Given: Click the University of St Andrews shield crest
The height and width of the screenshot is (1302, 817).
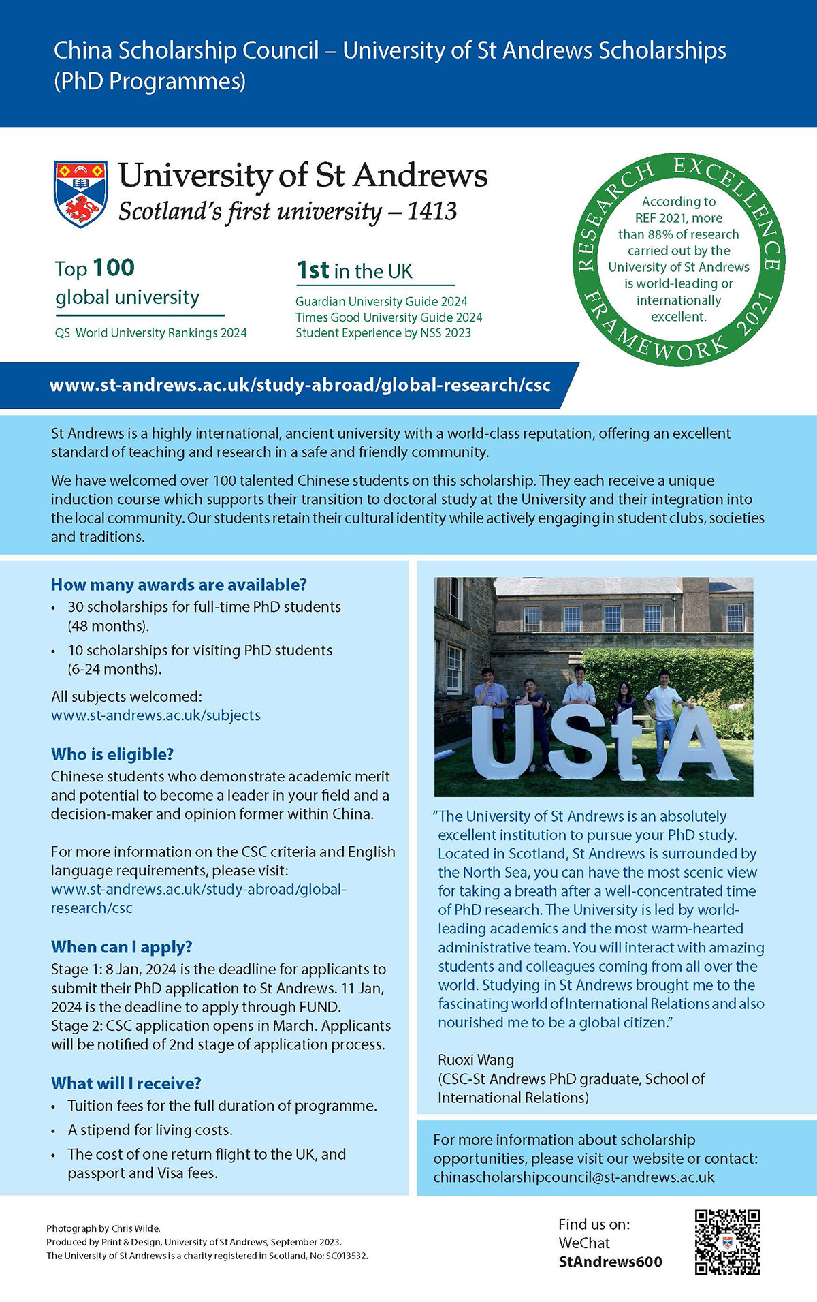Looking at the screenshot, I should point(80,193).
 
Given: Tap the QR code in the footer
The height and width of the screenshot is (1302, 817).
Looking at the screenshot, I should point(726,1241).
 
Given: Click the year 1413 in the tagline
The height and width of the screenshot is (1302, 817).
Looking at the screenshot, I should point(432,211).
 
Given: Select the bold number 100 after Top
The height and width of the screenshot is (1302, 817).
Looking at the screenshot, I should point(114,268).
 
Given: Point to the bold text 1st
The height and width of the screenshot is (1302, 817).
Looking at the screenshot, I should point(313,270).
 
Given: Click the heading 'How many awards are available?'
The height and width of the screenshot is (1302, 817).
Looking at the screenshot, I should point(178,585).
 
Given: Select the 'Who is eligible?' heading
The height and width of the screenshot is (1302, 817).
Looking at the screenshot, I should point(112,754).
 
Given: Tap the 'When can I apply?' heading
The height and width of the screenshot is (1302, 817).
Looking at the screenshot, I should point(121,947).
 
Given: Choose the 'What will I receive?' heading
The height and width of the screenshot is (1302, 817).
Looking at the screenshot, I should point(126,1083).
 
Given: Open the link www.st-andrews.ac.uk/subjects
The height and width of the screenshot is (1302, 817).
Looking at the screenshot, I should point(155,715).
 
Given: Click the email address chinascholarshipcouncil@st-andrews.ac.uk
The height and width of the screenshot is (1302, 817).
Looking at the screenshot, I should point(573,1177).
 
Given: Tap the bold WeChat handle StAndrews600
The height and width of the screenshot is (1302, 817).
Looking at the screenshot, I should point(610,1262).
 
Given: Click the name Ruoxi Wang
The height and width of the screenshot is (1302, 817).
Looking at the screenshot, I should point(475,1060).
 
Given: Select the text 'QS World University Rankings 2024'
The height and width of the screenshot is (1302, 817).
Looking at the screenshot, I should point(150,333).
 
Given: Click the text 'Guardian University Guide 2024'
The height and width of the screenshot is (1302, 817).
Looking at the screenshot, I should point(381,301).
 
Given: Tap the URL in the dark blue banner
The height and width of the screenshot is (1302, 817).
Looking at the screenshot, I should point(300,385).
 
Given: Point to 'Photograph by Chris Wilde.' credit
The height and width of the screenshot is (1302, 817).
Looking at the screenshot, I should point(103,1228).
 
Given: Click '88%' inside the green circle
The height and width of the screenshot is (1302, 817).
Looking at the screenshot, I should point(660,234).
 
